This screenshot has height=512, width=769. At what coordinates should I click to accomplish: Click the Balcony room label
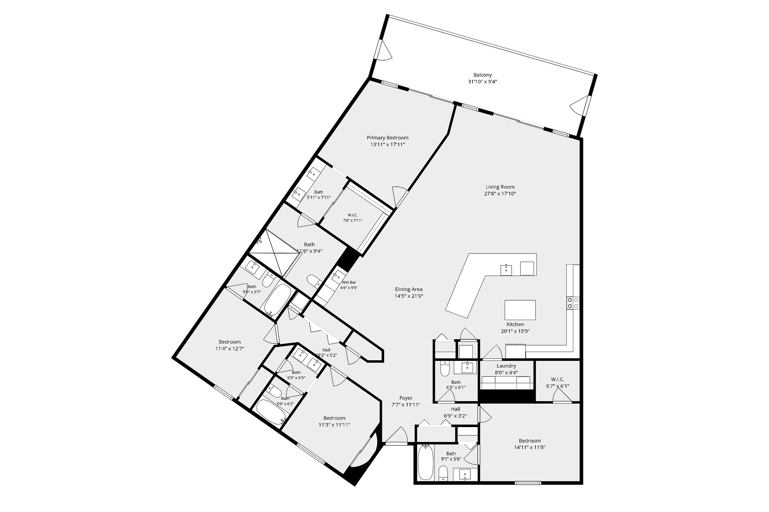coord(482,75)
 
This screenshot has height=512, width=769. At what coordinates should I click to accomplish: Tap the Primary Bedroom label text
coord(387,138)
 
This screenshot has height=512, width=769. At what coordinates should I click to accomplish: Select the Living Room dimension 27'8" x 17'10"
coord(500,194)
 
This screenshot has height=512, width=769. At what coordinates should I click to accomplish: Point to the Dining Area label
coord(409,289)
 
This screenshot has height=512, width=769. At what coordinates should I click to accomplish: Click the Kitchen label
coord(515,324)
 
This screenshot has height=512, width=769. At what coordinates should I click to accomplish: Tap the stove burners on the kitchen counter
coord(573,303)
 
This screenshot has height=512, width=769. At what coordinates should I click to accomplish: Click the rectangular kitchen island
coord(520,310)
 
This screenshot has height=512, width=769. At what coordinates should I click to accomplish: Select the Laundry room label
coord(506,366)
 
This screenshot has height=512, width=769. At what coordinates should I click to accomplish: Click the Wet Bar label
coord(349,282)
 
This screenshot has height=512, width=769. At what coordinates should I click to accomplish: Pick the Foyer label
coord(406,398)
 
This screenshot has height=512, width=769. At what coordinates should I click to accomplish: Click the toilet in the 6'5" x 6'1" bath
coord(445,368)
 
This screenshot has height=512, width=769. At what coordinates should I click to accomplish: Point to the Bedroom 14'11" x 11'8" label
coord(530,441)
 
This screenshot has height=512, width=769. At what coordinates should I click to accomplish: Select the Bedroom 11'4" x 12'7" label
coord(229,342)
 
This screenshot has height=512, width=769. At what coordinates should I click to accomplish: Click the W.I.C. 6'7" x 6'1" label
coord(557,380)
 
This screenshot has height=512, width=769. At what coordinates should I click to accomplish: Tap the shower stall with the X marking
coord(275,253)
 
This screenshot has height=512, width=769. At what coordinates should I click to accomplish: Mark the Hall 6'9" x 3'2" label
coord(456,409)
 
